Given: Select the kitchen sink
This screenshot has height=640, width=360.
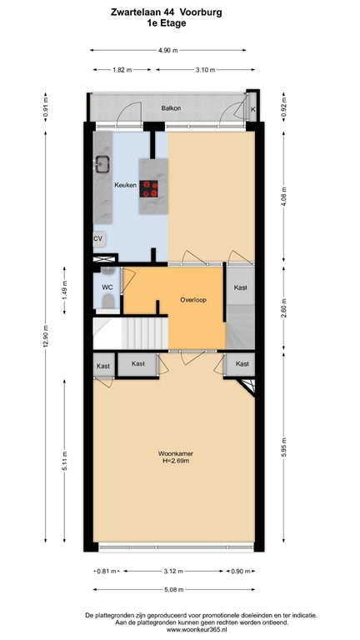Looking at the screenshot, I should (x=103, y=164).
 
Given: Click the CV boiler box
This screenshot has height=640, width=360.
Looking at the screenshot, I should (x=98, y=239).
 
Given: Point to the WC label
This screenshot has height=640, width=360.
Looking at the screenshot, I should (x=107, y=287).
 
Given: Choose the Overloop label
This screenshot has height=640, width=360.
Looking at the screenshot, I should (x=193, y=299).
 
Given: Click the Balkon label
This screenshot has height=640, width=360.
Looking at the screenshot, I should (x=172, y=108).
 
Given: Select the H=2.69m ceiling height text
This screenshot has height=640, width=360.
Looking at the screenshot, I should (x=176, y=462).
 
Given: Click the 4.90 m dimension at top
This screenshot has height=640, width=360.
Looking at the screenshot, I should (x=168, y=50).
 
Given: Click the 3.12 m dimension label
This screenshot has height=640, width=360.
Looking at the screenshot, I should (x=172, y=572).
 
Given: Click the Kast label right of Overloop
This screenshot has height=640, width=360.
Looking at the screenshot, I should (x=240, y=287).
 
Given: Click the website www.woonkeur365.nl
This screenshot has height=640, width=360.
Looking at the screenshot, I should (x=180, y=630).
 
